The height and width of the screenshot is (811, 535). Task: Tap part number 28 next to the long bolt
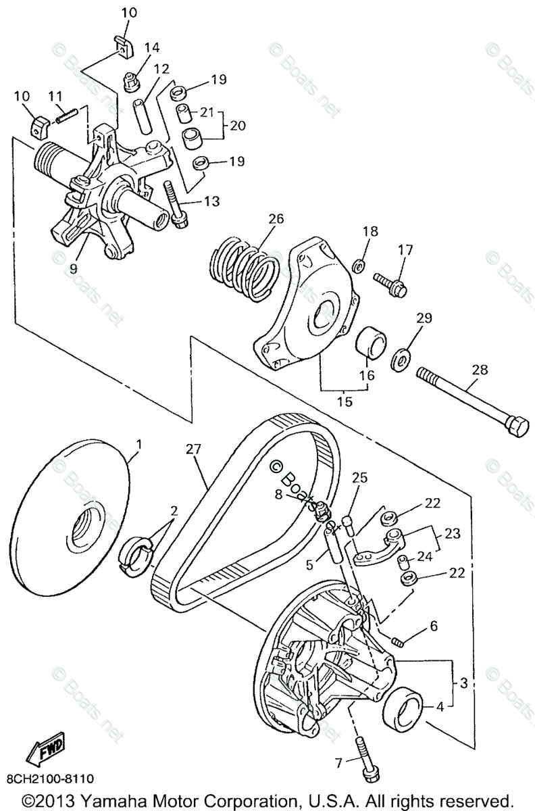(x=480, y=370)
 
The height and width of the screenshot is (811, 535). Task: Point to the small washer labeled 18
(x=360, y=262)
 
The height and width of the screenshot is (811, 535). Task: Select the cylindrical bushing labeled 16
(x=370, y=342)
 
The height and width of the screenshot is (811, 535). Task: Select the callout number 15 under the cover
(x=345, y=401)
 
